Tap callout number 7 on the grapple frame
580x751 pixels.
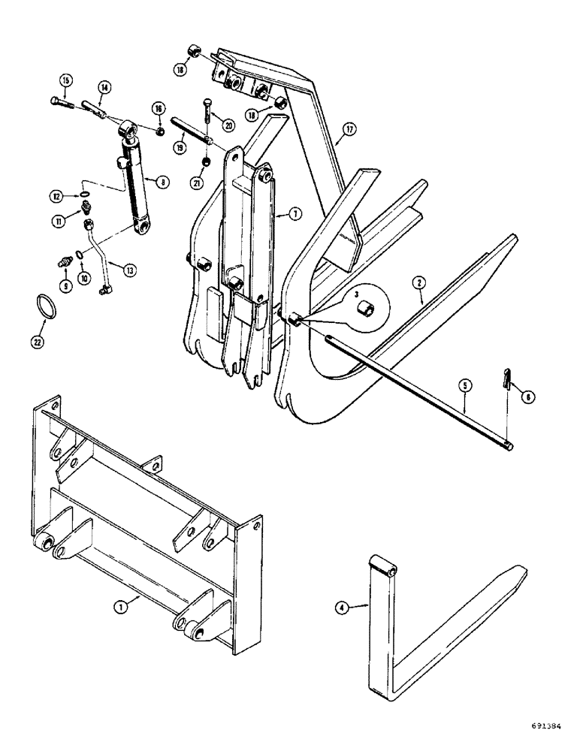[x=297, y=214]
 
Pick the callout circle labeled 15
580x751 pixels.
[x=65, y=80]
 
